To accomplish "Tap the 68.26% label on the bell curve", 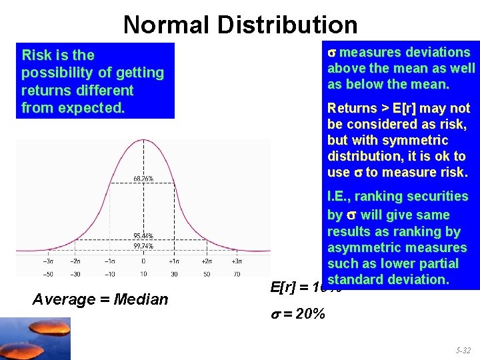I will pos(143,179).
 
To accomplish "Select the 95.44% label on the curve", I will pos(143,236).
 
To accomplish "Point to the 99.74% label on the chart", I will pos(143,246).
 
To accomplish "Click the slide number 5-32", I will pos(462,349).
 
